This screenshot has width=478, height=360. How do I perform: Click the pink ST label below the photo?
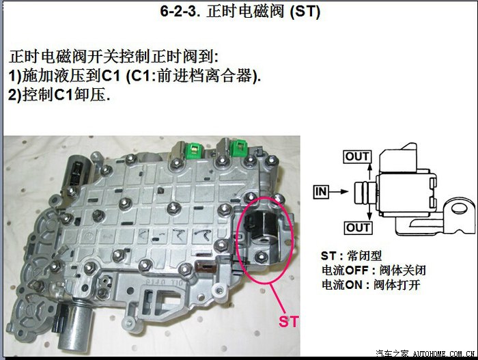(x=289, y=322)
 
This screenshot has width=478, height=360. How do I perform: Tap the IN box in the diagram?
(x=321, y=192)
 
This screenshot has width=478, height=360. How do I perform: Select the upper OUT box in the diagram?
(x=357, y=156)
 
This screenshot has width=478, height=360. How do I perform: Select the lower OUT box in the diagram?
(x=358, y=227)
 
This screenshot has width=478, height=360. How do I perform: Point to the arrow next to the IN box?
(x=339, y=192)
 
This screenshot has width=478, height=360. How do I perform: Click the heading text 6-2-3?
(x=180, y=12)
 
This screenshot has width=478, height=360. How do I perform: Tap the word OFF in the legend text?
(x=356, y=271)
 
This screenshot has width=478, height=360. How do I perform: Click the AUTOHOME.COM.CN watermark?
(x=444, y=354)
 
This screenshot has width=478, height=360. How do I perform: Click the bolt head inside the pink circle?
(x=261, y=257)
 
